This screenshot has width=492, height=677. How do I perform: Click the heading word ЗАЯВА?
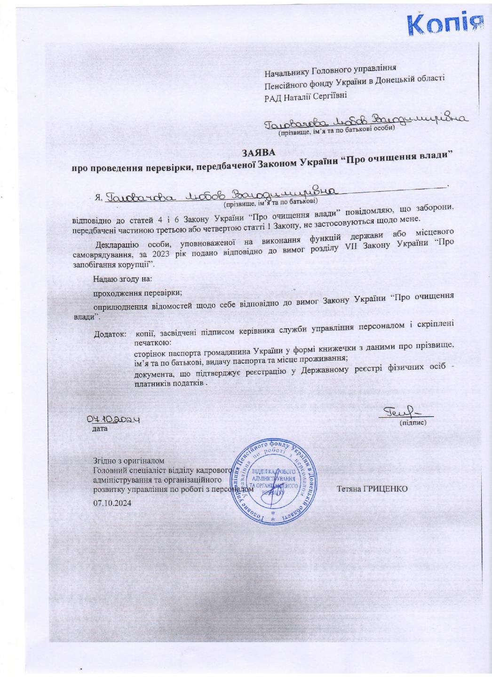pos(259,152)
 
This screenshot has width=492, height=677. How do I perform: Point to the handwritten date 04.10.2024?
pos(115,420)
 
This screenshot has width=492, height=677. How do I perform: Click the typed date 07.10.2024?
pos(113,503)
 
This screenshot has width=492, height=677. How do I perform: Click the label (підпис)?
pos(413,423)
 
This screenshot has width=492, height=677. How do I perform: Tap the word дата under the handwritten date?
pos(100,429)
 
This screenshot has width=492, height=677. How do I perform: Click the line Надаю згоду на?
pos(122,279)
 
